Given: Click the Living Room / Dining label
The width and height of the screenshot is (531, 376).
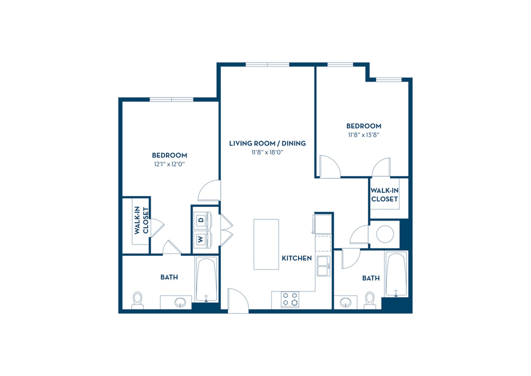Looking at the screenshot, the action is [268, 143].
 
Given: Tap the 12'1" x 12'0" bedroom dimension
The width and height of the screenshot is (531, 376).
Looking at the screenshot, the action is [169, 164].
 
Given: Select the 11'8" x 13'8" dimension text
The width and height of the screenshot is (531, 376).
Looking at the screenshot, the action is [364, 135].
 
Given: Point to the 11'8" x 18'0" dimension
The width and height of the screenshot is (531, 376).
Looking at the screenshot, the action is [268, 152].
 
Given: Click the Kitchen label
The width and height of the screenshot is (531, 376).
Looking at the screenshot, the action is [297, 258].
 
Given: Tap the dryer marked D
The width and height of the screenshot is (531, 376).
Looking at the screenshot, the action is [202, 220].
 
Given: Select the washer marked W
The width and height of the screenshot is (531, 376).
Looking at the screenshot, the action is [202, 239].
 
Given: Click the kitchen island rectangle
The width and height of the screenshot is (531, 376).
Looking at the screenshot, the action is [266, 244].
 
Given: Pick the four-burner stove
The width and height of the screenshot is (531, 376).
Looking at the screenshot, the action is [290, 299].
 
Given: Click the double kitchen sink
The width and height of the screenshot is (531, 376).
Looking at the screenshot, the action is [324, 266].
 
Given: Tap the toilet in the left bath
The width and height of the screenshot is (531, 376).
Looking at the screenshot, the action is [137, 300].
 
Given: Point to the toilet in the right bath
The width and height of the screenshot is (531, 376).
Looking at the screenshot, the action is [370, 300].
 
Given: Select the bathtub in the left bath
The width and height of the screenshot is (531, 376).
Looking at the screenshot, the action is [206, 279].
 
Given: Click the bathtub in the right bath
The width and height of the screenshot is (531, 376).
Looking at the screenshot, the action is [396, 274].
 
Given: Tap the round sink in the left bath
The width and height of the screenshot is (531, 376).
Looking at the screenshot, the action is [180, 302].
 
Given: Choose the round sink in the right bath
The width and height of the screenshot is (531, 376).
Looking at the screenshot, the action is [346, 302].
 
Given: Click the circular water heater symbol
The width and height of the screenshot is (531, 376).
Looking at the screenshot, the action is [385, 234].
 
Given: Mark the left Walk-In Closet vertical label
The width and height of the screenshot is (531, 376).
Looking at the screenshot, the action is [141, 221].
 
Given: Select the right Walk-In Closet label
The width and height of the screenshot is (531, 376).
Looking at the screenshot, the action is [385, 194].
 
